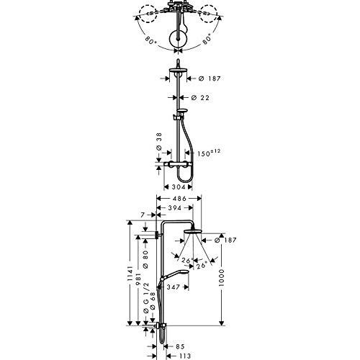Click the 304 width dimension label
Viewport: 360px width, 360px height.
coord(179,187)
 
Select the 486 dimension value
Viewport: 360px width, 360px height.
coord(179,199)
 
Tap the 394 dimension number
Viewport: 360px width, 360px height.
coord(174,208)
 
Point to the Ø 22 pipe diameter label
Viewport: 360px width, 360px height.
coord(200,98)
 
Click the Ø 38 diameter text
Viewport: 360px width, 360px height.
coord(159,141)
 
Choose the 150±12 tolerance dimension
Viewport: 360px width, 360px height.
coord(209,153)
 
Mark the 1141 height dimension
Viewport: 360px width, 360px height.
coord(130,274)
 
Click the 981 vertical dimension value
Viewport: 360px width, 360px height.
coord(138,279)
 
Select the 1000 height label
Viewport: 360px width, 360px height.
coord(221,278)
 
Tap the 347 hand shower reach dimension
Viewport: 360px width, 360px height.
coord(173,287)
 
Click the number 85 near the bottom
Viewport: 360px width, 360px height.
coord(180,346)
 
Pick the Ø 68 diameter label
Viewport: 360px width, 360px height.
coord(153,301)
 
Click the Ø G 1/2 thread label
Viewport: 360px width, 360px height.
coord(146,298)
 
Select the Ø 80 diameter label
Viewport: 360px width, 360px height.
coord(145,259)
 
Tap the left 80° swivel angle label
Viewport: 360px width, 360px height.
coord(151,40)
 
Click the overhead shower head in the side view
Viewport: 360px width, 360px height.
coord(193,232)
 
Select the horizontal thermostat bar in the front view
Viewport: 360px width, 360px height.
coord(178,164)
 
